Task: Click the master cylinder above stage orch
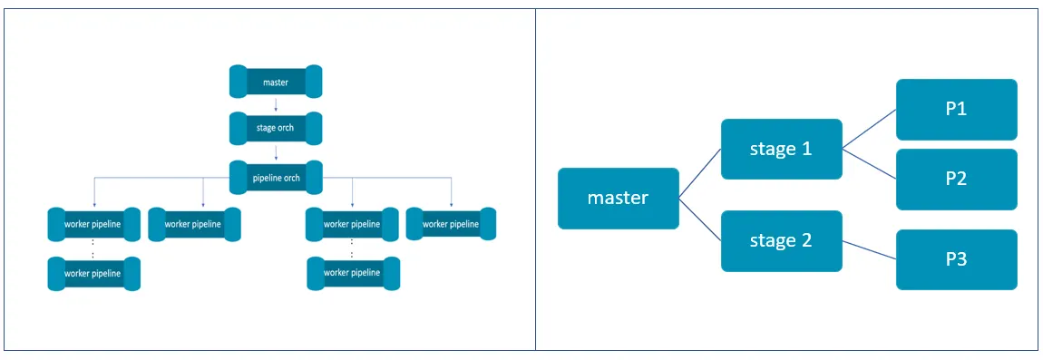coord(276,83)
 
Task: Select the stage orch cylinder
coord(276,129)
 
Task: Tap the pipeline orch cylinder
coord(276,178)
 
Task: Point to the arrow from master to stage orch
coord(276,105)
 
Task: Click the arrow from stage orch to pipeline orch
coord(276,152)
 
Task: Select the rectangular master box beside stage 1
coord(618,198)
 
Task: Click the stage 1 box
coord(781,150)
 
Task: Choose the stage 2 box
coord(781,241)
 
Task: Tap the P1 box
coord(956,110)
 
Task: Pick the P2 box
coord(956,179)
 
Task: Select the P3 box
coord(956,259)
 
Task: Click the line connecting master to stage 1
coord(700,173)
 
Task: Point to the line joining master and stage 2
coord(700,219)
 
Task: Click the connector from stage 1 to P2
coord(869,164)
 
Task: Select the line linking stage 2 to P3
coord(869,250)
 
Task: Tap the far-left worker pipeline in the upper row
coord(93,224)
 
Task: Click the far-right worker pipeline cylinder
coord(451,224)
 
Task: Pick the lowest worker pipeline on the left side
coord(93,273)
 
